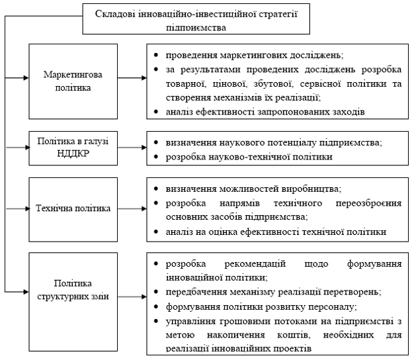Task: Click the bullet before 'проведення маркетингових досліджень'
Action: pyautogui.click(x=155, y=54)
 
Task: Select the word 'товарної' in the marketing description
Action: pyautogui.click(x=188, y=84)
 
